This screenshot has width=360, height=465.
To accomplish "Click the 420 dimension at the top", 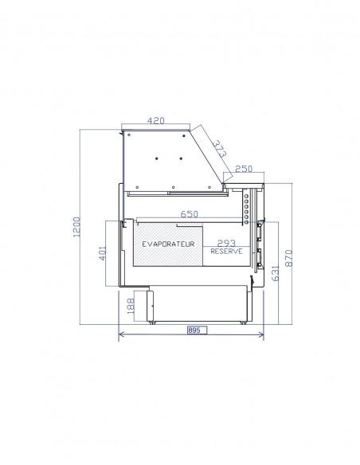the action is pos(155,120).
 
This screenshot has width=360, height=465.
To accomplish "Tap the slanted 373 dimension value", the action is pos(220,148).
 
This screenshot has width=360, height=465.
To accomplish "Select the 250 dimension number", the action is pos(244,169).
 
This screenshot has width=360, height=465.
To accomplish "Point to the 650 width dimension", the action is pos(190,214).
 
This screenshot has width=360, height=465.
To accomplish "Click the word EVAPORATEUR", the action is pos(168,244).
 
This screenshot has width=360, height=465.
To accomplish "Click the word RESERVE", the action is pos(226,251).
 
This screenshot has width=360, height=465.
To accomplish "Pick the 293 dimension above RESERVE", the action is pos(226,243).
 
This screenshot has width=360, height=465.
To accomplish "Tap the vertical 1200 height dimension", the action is pos(76,227).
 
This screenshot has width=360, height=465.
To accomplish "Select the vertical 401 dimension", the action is pos(102,253).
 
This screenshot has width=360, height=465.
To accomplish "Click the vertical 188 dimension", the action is pos(131,306).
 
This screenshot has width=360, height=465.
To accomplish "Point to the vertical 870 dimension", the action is pos(289,258).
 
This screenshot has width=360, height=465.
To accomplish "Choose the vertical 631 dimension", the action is pos(276,273).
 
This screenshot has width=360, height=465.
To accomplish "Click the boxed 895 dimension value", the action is pos(197,330).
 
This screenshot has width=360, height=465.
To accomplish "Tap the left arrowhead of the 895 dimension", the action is pos(120,334).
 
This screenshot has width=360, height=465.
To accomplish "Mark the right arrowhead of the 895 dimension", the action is pos(262,334).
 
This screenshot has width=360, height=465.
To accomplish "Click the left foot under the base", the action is pos(152,322).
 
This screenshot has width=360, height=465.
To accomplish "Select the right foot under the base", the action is pos(243,322).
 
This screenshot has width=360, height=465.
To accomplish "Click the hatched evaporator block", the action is pos(168,244).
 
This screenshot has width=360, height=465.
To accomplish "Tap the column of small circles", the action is pos(246,209).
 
